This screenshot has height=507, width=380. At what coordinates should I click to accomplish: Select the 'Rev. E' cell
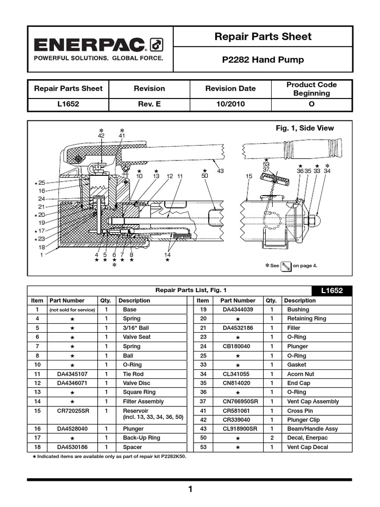coord(149,104)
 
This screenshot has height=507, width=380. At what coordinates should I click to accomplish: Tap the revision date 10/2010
coord(231,104)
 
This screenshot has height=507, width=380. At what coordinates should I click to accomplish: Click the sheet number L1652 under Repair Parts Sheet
coord(68,104)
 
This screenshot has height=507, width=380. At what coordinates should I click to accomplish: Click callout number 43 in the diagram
coord(220,171)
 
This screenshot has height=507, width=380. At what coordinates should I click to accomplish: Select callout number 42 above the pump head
coord(101,135)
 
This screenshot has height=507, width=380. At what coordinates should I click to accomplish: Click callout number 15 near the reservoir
coord(249,176)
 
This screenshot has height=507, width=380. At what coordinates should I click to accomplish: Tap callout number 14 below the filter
coord(167,254)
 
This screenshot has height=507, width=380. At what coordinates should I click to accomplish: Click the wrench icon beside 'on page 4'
coord(286,266)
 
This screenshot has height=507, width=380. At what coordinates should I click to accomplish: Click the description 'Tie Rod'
coord(133,374)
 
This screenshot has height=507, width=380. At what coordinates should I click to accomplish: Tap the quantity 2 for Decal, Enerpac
coord(271,438)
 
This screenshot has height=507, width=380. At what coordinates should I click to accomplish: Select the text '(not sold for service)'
coord(72,309)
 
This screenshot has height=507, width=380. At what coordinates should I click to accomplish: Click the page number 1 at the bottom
coord(190,490)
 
